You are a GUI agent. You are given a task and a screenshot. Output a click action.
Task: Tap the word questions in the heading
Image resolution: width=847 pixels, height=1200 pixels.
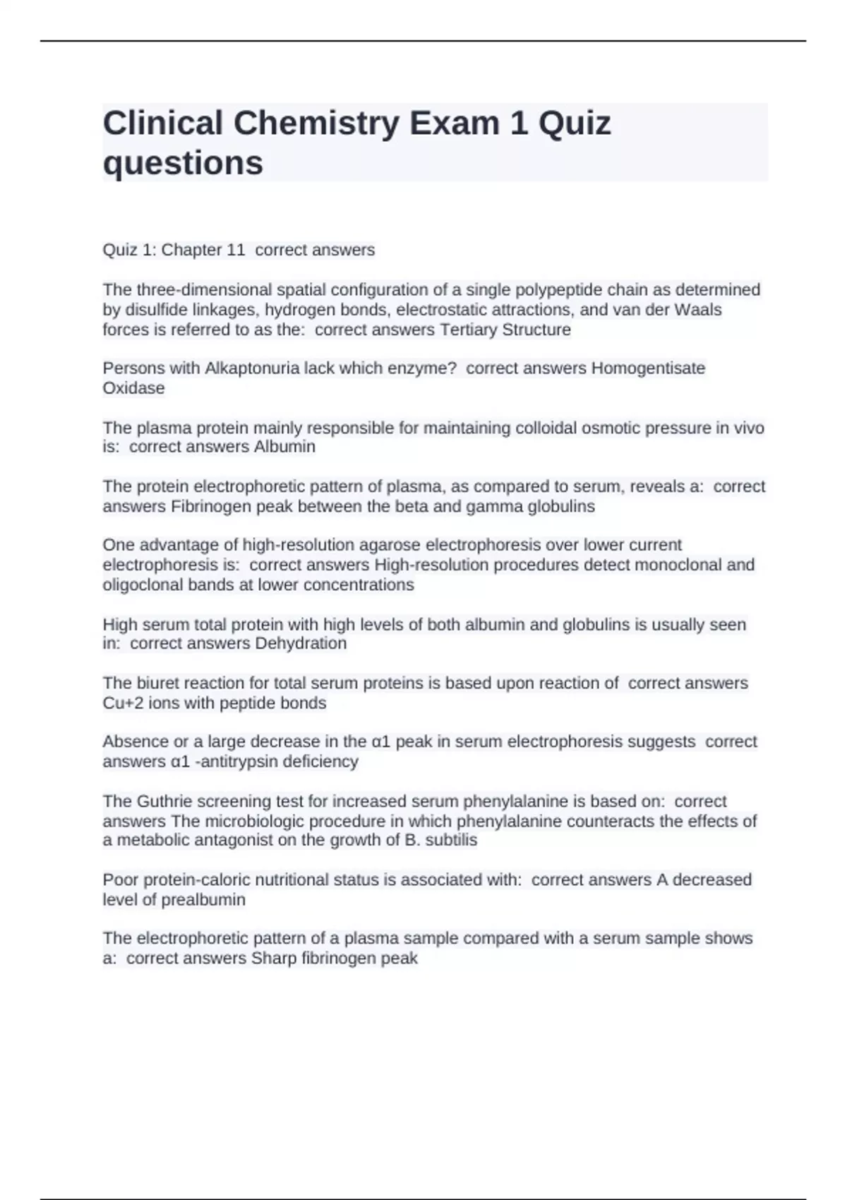[x=183, y=163]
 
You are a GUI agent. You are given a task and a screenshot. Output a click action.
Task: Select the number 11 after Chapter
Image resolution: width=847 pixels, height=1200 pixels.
[x=235, y=250]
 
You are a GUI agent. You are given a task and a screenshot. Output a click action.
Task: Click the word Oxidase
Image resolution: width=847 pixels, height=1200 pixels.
[x=133, y=388]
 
